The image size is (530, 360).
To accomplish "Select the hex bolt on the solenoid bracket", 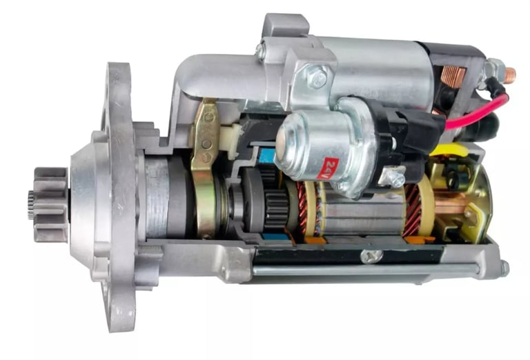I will click(x=317, y=79).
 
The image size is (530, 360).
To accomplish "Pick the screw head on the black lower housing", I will click(x=371, y=256).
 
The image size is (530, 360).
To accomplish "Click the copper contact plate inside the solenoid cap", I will click(x=453, y=76).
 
